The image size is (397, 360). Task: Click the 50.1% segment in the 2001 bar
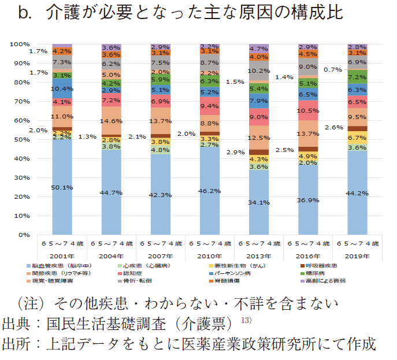point(62,187)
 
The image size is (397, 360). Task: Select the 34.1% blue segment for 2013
point(259,202)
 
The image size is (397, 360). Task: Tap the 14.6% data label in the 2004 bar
point(111,121)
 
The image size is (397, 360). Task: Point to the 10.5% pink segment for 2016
point(308,110)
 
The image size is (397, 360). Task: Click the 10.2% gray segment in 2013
point(259,70)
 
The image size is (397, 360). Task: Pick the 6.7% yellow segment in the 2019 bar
point(357,138)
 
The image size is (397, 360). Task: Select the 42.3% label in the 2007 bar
point(160,195)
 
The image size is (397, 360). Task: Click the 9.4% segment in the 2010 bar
point(209,106)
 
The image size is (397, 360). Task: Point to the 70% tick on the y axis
point(21,101)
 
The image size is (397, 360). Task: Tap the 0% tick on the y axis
point(24,235)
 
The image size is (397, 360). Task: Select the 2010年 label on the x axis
point(209,255)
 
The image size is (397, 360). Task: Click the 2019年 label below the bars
point(357,255)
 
